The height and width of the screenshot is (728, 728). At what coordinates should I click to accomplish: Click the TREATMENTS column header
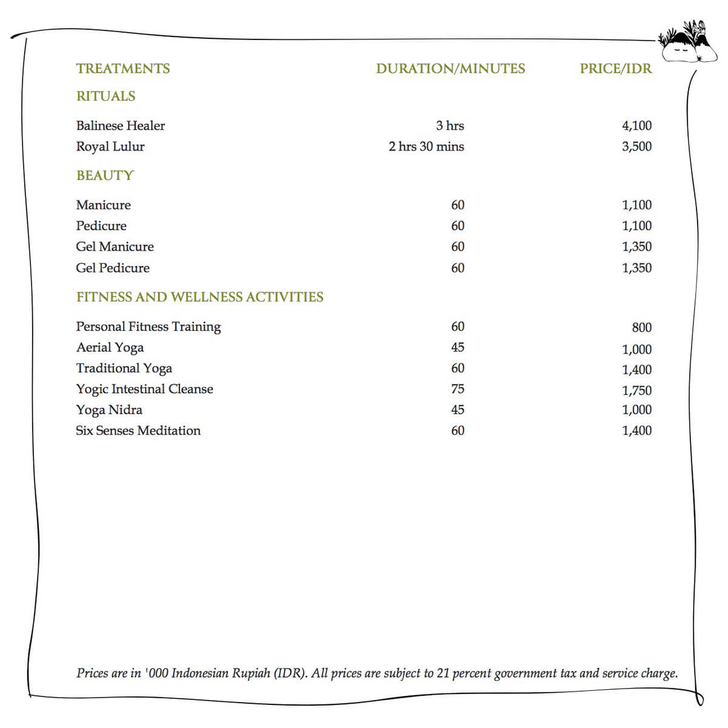tap(123, 69)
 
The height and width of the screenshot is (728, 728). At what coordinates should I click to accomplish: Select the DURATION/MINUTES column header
tap(450, 69)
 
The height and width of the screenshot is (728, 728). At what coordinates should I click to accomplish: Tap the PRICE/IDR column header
tap(615, 69)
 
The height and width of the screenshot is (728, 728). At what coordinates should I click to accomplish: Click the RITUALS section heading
tap(106, 96)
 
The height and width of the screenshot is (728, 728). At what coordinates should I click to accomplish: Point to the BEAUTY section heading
tap(104, 176)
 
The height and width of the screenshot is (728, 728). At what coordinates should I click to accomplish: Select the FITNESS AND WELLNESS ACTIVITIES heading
tap(200, 297)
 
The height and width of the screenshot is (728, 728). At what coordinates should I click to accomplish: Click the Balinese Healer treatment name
tap(120, 126)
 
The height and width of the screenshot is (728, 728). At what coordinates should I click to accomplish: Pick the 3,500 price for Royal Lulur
tap(636, 147)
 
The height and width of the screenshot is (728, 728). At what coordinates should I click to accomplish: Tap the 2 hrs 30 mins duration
tap(426, 147)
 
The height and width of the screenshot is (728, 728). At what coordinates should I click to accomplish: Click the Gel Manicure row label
tap(115, 247)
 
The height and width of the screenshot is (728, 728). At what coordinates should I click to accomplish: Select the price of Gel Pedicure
tap(636, 268)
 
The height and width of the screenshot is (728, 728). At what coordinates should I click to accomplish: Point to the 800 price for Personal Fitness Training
tap(641, 328)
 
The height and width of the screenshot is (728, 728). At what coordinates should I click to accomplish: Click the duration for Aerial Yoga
tap(457, 348)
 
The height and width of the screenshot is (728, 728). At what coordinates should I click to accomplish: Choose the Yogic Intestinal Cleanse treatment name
tap(144, 389)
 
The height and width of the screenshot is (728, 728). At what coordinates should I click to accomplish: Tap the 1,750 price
tap(636, 391)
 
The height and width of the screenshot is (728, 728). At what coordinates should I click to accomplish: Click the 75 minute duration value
tap(457, 389)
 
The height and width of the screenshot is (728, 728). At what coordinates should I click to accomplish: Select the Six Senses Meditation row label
tap(138, 431)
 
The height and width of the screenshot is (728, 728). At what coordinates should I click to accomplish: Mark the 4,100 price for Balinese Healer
tap(636, 126)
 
